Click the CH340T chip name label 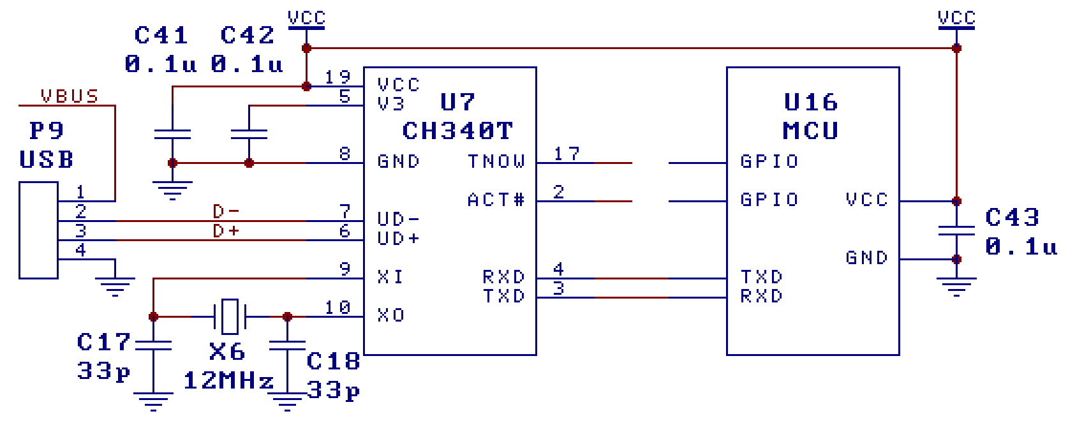click(457, 131)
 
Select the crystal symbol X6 click(230, 316)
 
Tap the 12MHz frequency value click(228, 381)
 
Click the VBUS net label click(70, 96)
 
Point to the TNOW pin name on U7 click(496, 161)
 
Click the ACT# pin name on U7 click(496, 200)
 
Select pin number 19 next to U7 click(337, 77)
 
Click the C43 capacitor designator click(1012, 218)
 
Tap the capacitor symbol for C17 click(154, 345)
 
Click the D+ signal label click(226, 230)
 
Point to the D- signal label click(226, 211)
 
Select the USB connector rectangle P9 click(38, 230)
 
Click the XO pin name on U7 click(390, 315)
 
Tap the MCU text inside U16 click(810, 131)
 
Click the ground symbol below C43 click(956, 286)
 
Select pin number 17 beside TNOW click(567, 154)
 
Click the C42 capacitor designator click(247, 35)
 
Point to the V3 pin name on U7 click(390, 103)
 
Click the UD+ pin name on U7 click(398, 239)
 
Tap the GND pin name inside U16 click(866, 258)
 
